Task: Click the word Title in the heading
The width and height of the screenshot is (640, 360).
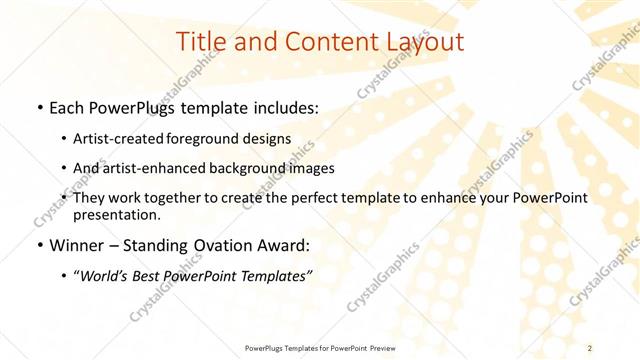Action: [x=200, y=43]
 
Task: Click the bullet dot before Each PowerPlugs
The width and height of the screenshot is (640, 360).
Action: [x=38, y=107]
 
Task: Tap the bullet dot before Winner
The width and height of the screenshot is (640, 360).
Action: [x=38, y=246]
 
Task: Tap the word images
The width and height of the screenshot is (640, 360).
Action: [x=313, y=168]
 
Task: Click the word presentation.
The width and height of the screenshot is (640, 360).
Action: [x=118, y=214]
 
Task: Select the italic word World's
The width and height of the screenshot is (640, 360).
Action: [x=104, y=275]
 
